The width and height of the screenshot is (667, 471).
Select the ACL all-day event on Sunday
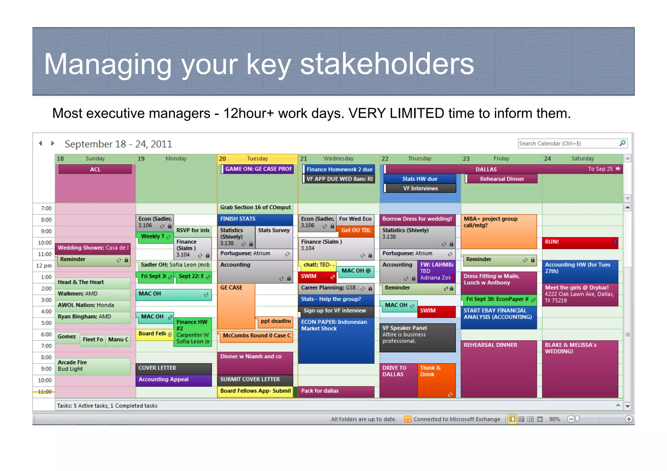[95, 169]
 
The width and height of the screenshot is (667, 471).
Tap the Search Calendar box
[568, 144]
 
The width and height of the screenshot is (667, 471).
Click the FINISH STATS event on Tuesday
[255, 219]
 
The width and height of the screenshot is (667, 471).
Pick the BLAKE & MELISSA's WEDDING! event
[580, 368]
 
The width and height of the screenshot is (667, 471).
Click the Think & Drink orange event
[436, 380]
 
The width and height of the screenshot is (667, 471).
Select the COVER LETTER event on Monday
[173, 368]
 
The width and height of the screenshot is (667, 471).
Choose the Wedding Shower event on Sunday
[92, 248]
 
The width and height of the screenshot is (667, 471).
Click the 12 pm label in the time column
[44, 266]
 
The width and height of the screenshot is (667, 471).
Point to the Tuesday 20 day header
[257, 159]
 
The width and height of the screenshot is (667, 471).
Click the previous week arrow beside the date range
[40, 143]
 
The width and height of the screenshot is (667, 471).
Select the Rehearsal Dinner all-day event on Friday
[502, 179]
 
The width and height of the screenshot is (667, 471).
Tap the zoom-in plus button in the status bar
[629, 419]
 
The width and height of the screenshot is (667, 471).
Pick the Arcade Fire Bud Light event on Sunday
[92, 366]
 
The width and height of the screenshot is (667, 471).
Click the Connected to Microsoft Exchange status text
[456, 419]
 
